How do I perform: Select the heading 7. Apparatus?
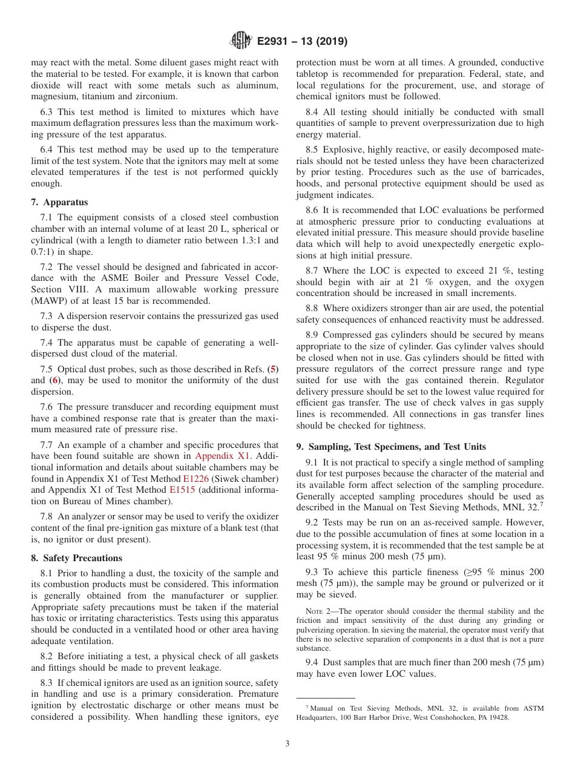[59, 202]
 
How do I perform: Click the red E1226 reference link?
[195, 479]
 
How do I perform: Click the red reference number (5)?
[273, 369]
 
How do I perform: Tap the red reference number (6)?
[54, 380]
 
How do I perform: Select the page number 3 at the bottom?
[287, 743]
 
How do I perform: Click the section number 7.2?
[47, 266]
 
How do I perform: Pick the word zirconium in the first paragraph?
[153, 97]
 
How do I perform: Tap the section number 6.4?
[47, 150]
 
